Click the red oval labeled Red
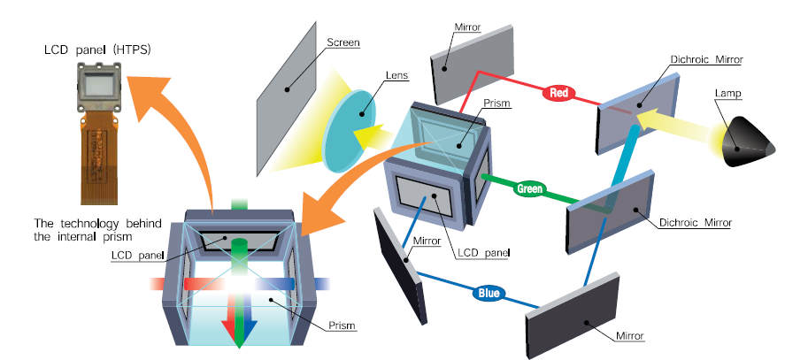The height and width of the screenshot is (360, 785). (x=559, y=93)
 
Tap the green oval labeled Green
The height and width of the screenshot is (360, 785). (x=529, y=189)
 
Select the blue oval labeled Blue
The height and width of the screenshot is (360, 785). (x=489, y=294)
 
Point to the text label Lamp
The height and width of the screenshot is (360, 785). (x=728, y=93)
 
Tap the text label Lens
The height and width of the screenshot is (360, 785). (x=396, y=76)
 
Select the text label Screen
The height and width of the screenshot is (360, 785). (x=342, y=42)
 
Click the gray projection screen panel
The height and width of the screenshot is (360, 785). (x=287, y=98)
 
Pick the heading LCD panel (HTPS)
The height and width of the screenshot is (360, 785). (x=97, y=50)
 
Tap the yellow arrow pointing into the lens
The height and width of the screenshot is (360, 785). (x=373, y=134)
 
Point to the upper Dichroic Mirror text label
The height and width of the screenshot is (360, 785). (x=706, y=59)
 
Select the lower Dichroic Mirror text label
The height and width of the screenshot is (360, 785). (x=696, y=222)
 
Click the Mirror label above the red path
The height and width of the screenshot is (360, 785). (x=467, y=27)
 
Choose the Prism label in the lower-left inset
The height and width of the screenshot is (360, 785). (x=342, y=326)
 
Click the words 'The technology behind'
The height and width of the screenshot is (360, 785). (x=97, y=223)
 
